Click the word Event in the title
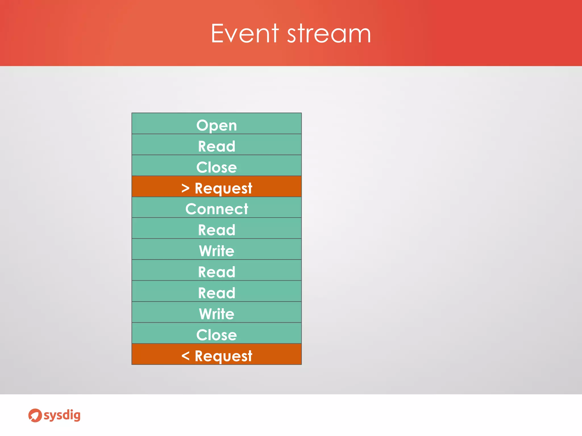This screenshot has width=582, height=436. point(245,34)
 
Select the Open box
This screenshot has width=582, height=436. point(217,124)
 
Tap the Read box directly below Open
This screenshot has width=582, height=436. point(217,145)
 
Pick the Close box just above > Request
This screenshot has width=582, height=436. point(217,166)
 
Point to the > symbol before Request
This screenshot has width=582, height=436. point(185,188)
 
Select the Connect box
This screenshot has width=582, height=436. point(217,208)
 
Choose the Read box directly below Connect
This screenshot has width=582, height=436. point(217,229)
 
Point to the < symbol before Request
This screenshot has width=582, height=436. point(185,355)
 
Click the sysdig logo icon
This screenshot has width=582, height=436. point(35,415)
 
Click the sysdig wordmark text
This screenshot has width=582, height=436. point(62,415)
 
